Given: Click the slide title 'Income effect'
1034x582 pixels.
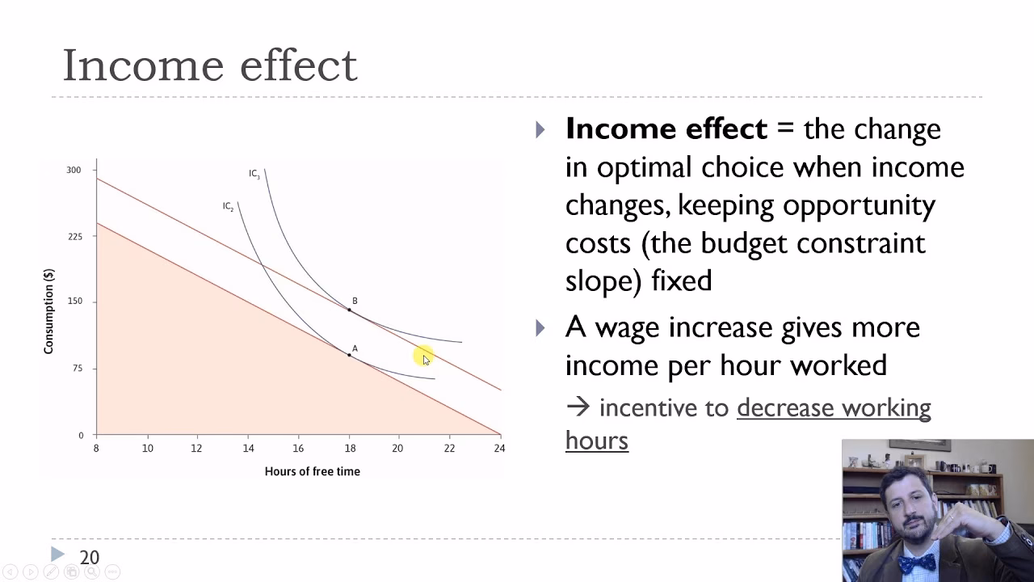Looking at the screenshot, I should click(210, 65).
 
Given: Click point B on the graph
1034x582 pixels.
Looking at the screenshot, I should click(350, 309).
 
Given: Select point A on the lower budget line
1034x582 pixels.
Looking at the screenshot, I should click(350, 354).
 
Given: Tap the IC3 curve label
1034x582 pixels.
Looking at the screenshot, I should click(254, 174).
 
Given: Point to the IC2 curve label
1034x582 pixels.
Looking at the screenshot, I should click(229, 207).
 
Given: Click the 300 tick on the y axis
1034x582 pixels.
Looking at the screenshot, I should click(74, 170).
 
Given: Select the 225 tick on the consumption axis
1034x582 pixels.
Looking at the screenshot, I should click(74, 237).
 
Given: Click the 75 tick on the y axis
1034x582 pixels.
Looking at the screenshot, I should click(77, 369).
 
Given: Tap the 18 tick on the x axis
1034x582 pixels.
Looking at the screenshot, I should click(350, 448).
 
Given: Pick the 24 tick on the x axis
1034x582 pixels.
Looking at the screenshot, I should click(499, 448).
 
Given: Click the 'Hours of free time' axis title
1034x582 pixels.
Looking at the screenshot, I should click(312, 471).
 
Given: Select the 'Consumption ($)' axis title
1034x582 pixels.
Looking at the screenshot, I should click(48, 311).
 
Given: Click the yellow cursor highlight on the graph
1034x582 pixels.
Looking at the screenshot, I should click(423, 356).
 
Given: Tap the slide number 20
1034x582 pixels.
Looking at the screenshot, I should click(89, 558).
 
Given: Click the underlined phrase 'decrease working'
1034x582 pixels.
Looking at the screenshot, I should click(834, 408).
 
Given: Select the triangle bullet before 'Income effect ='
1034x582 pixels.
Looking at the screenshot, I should click(540, 129).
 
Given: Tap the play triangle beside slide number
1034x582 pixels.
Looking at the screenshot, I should click(57, 555).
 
